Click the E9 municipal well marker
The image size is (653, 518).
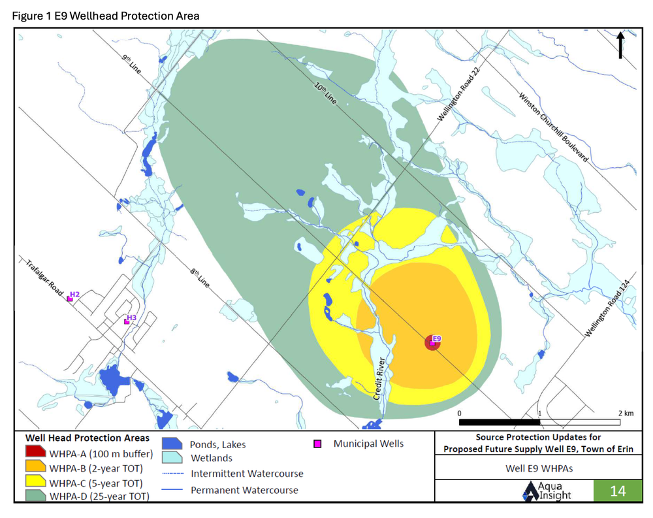point(432,342)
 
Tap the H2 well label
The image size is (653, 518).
point(74,295)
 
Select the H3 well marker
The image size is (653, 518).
point(127,321)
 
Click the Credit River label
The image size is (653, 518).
point(381,378)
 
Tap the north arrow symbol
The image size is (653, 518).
point(620,46)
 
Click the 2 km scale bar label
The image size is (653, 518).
point(625,413)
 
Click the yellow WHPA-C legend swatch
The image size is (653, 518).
point(36,483)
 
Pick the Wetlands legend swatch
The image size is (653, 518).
point(172,459)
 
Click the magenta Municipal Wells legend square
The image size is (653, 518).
point(318,444)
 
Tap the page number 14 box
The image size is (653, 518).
point(618,491)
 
